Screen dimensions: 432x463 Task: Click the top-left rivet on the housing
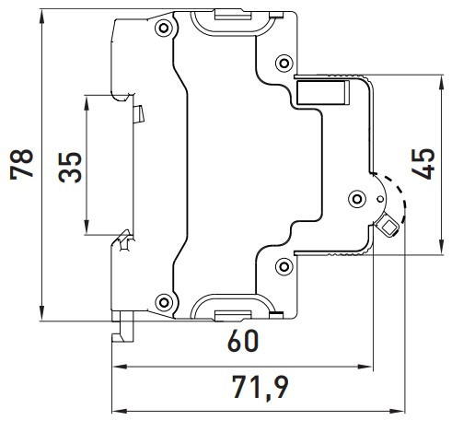pyautogui.click(x=165, y=29)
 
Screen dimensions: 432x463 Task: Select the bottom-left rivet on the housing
pyautogui.click(x=165, y=299)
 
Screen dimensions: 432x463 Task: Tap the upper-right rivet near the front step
pyautogui.click(x=283, y=62)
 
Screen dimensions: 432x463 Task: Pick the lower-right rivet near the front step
pyautogui.click(x=283, y=266)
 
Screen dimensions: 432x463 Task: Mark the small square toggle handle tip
pyautogui.click(x=389, y=225)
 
